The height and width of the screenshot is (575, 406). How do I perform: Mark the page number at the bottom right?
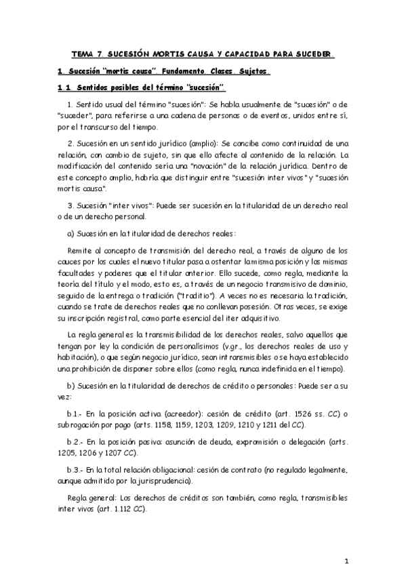click(346, 561)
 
